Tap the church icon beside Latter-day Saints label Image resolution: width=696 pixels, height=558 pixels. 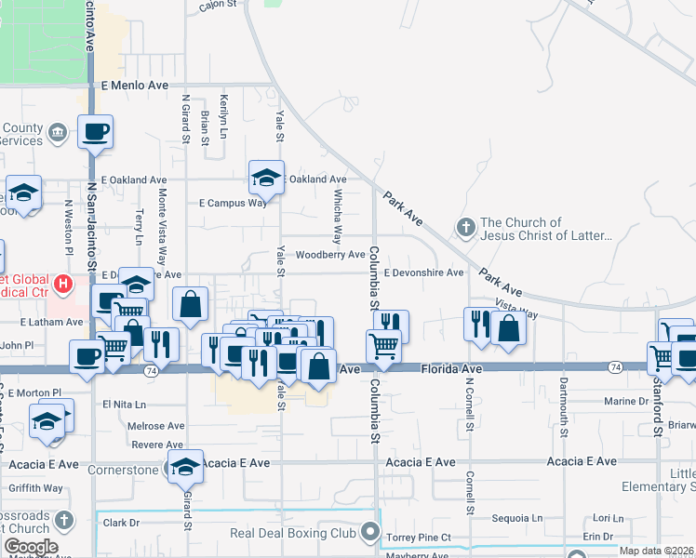pyautogui.click(x=466, y=226)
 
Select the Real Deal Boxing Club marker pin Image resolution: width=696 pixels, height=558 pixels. pyautogui.click(x=371, y=533)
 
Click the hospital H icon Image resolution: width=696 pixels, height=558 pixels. pyautogui.click(x=62, y=283)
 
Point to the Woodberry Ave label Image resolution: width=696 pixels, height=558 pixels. pyautogui.click(x=330, y=255)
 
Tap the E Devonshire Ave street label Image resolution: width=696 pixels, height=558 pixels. pyautogui.click(x=423, y=272)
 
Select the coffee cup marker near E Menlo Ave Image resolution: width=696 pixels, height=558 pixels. pyautogui.click(x=96, y=131)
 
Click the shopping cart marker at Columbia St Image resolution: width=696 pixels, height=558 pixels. pyautogui.click(x=383, y=345)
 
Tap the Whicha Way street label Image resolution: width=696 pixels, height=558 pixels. pyautogui.click(x=338, y=216)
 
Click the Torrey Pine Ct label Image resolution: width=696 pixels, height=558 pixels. pyautogui.click(x=419, y=538)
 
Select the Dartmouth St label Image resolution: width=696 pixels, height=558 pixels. pyautogui.click(x=563, y=409)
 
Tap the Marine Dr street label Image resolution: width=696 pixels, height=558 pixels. pyautogui.click(x=624, y=402)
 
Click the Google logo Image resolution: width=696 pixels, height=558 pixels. pyautogui.click(x=32, y=547)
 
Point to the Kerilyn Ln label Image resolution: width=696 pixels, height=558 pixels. pyautogui.click(x=223, y=116)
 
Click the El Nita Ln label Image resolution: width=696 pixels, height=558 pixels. pyautogui.click(x=125, y=405)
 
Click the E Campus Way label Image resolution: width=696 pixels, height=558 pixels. pyautogui.click(x=233, y=203)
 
